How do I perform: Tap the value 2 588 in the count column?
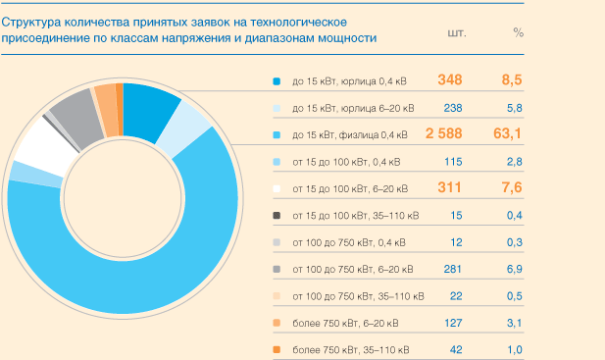coord(443,133)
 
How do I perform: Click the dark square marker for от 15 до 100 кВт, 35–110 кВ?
coord(277,215)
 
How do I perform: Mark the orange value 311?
coord(450,187)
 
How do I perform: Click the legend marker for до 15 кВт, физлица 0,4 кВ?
coord(277,134)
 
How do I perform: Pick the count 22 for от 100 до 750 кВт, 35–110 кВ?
coord(456,295)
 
